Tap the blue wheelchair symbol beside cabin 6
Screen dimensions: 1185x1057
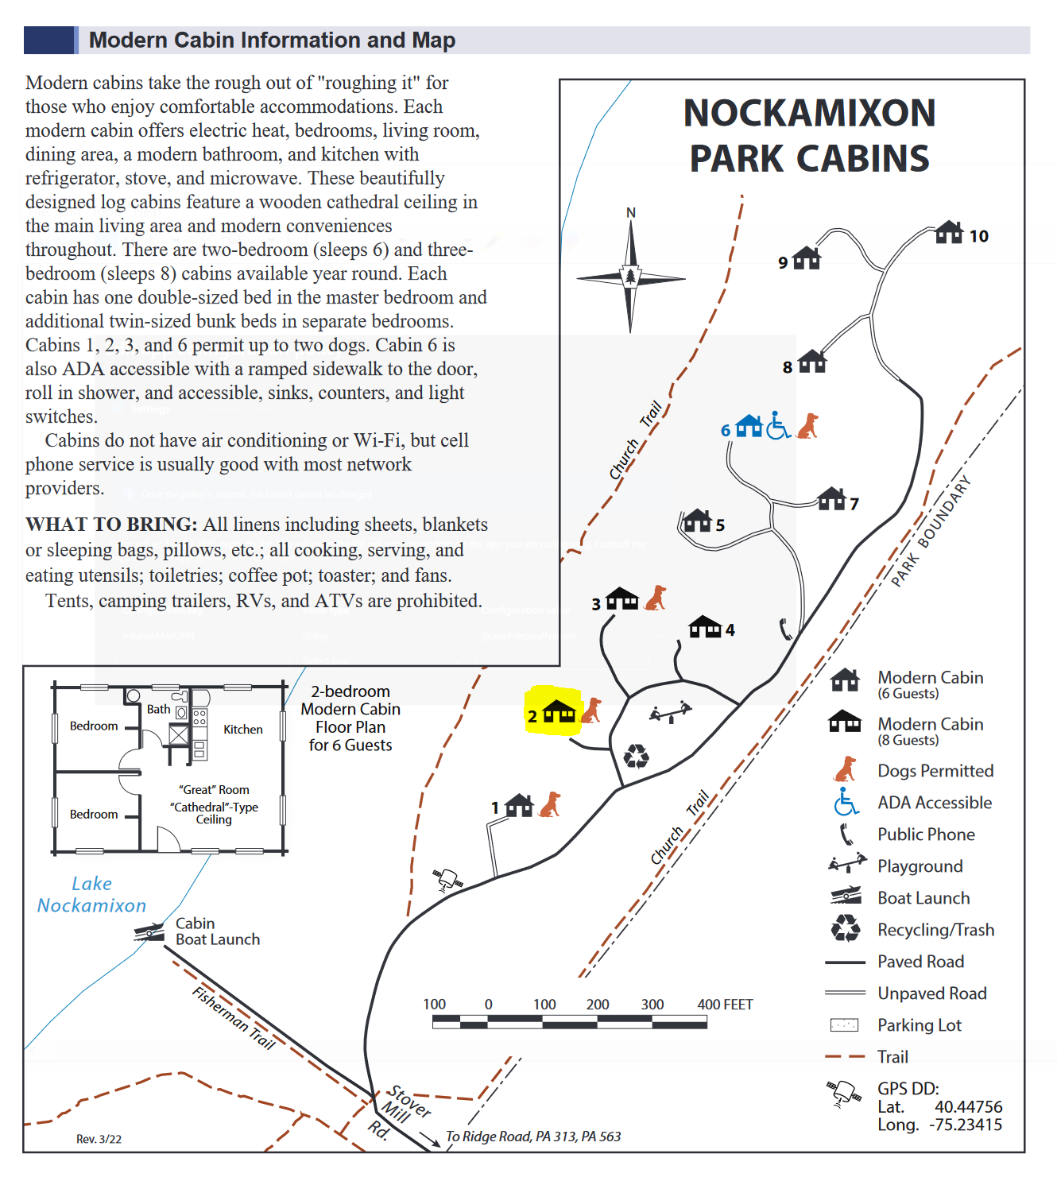tap(778, 426)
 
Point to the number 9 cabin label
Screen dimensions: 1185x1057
tap(783, 262)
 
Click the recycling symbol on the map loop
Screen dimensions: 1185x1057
tap(637, 756)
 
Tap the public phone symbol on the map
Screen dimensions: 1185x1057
tap(785, 629)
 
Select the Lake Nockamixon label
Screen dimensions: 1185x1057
tap(91, 895)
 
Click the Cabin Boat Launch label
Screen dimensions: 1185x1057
tap(217, 931)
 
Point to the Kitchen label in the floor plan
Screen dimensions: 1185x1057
tap(242, 730)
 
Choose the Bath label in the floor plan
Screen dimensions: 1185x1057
tap(158, 709)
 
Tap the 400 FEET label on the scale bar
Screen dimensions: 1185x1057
tap(725, 1005)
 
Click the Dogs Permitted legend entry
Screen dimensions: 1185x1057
tap(935, 771)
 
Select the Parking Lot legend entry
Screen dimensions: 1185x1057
tap(919, 1025)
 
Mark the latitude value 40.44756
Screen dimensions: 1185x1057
tap(968, 1107)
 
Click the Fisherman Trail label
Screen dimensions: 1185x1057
tap(234, 1018)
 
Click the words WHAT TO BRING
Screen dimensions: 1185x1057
tap(111, 525)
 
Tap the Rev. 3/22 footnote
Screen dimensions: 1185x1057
tap(99, 1139)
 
